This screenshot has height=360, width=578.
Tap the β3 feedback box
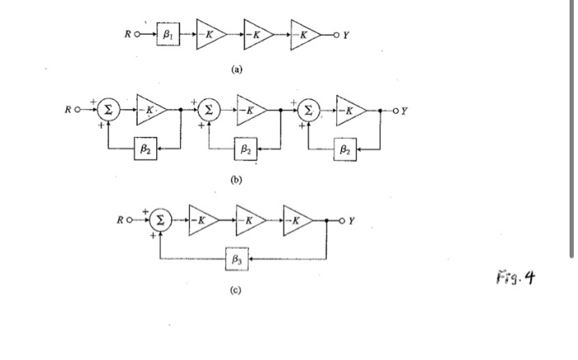coord(238,259)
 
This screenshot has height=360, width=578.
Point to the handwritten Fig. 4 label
coord(519,277)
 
